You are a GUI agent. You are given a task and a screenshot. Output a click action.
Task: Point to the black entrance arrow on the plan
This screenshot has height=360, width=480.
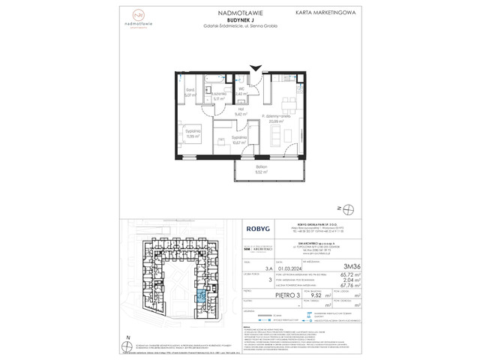pyautogui.click(x=258, y=68)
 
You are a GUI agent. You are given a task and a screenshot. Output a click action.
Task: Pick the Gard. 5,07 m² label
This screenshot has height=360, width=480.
pyautogui.click(x=191, y=93)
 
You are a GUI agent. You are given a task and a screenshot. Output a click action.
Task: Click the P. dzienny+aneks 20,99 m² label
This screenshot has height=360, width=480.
pyautogui.click(x=277, y=118)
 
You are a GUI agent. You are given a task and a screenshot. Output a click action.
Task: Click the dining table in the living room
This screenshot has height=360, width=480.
pyautogui.click(x=289, y=102)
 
